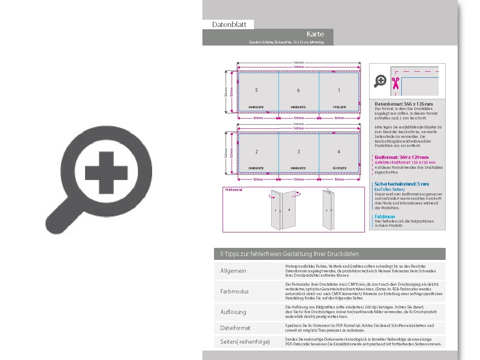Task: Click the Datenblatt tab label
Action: [229, 24]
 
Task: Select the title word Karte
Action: [315, 34]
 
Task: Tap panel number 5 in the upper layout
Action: [257, 90]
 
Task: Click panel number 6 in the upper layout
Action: [298, 90]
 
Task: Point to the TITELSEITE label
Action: [339, 107]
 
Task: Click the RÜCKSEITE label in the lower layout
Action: [339, 168]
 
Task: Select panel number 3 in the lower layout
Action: [298, 152]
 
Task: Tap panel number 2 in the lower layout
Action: [257, 152]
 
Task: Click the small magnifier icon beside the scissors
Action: [380, 81]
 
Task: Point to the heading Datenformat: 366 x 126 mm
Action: [404, 104]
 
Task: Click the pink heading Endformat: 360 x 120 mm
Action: [401, 157]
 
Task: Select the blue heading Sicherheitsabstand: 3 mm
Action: [401, 184]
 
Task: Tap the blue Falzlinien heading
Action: [385, 217]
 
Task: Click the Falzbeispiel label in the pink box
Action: [233, 189]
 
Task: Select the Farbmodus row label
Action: [235, 291]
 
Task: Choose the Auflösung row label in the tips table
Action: [233, 312]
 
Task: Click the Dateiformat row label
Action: [235, 328]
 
